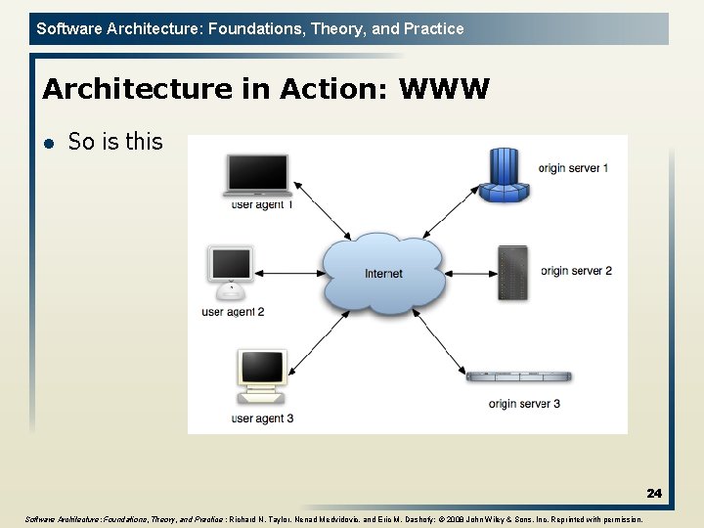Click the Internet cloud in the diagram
382,273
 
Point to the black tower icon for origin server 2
512,273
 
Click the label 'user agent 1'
261,204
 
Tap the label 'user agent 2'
233,312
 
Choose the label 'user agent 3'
262,418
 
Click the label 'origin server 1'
573,168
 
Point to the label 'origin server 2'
576,270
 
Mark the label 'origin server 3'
525,403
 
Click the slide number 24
653,494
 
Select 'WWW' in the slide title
444,90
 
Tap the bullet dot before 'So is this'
48,143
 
